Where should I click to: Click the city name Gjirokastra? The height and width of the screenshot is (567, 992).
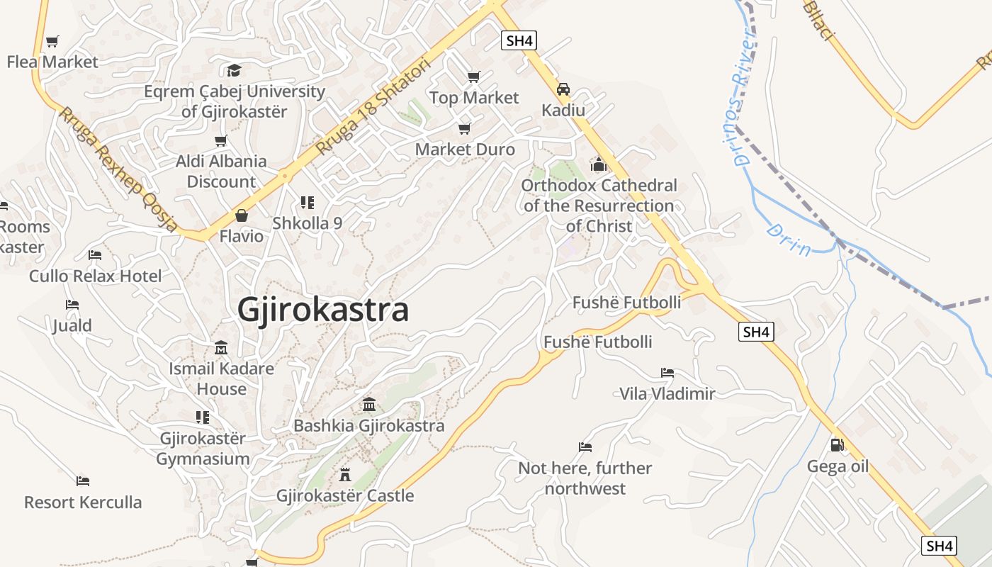(323, 310)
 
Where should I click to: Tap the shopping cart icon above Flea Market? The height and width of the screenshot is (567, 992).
(52, 41)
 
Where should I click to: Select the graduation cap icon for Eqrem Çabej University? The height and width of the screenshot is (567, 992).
(234, 70)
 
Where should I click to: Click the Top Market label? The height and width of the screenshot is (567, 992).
(474, 98)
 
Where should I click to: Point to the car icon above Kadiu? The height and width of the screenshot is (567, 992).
(563, 89)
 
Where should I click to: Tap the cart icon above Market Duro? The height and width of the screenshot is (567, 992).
(464, 128)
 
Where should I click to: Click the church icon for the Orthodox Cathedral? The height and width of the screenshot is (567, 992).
(599, 164)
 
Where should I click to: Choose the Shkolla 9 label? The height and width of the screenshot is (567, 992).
(308, 223)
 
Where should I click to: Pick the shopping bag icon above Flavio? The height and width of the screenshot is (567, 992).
(242, 215)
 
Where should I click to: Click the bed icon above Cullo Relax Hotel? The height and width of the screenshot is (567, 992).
(95, 255)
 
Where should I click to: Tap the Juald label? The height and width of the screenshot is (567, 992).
(72, 325)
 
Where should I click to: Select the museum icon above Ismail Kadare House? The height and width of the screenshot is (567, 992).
(221, 348)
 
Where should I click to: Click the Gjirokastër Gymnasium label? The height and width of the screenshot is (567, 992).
(203, 449)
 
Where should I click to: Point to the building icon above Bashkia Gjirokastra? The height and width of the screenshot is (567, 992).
(369, 405)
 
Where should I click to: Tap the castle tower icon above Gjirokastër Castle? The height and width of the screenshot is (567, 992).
(345, 474)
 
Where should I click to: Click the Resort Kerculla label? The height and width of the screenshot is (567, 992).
(83, 503)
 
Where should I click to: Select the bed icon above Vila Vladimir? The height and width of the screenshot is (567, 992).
(667, 372)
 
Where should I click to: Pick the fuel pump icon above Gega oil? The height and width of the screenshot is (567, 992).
(837, 445)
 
